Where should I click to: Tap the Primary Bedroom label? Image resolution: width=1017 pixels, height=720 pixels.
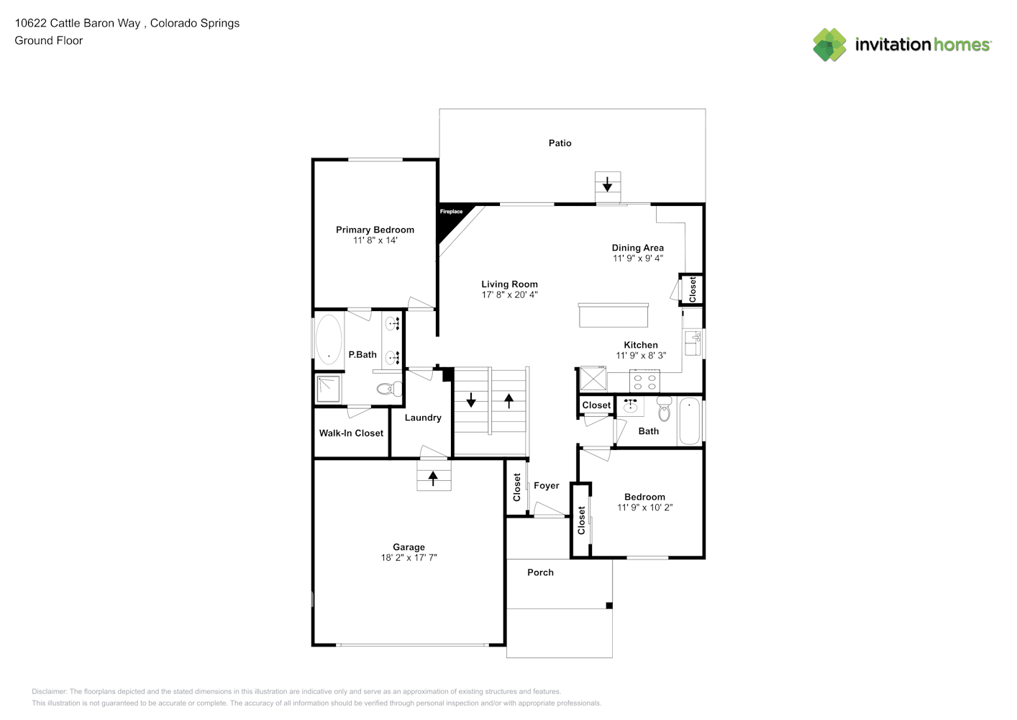(375, 230)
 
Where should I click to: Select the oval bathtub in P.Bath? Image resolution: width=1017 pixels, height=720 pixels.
(329, 339)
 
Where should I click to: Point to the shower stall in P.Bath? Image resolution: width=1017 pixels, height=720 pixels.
(328, 389)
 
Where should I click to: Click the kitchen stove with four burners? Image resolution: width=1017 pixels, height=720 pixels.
(644, 382)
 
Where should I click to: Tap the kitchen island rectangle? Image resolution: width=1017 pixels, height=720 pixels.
(614, 315)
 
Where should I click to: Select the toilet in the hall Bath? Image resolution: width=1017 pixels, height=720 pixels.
(665, 409)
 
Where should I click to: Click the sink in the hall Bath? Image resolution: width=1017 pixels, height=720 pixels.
(630, 405)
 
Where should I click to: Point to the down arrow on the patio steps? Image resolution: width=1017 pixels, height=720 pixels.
(607, 184)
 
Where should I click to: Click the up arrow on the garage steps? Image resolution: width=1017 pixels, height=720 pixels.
(433, 478)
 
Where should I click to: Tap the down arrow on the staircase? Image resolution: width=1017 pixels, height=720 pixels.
(471, 400)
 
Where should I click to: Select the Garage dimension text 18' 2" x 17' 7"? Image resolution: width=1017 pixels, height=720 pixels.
(409, 558)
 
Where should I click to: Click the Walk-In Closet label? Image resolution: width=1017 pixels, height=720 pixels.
(351, 433)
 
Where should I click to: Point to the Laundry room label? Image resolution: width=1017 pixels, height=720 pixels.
(423, 418)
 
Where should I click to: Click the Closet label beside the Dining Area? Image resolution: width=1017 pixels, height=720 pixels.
(693, 289)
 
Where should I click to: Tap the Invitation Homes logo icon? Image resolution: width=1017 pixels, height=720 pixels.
(829, 45)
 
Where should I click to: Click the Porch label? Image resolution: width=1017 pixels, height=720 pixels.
(540, 572)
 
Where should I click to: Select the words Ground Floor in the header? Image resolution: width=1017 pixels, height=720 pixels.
(49, 40)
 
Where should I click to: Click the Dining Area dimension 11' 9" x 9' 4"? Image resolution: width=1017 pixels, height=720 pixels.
(638, 258)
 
